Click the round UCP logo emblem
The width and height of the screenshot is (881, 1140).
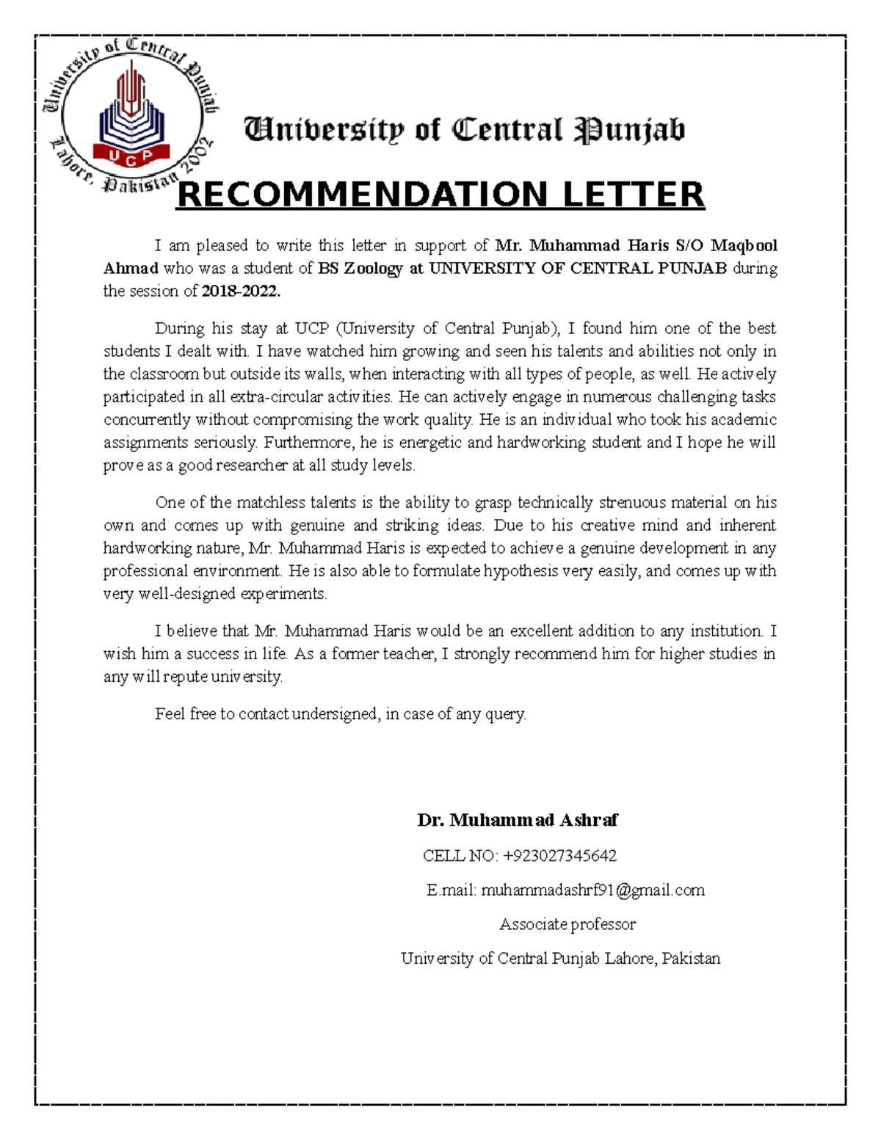click(131, 117)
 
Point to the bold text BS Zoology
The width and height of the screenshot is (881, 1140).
click(360, 269)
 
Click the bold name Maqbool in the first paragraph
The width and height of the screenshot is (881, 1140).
click(744, 245)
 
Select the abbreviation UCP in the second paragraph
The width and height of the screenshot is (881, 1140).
click(312, 328)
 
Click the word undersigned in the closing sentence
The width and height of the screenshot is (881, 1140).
click(335, 714)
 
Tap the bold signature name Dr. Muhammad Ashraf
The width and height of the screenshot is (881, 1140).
click(518, 820)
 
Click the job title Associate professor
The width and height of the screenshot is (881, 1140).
click(568, 925)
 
